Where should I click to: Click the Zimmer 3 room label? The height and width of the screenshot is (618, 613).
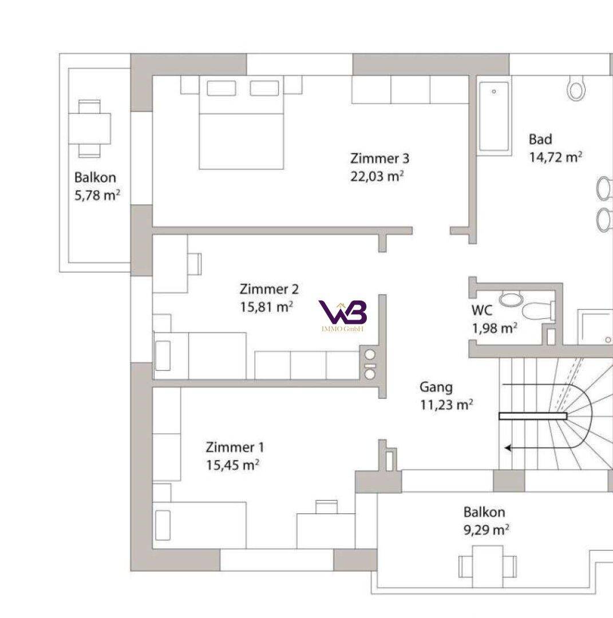pos(379,159)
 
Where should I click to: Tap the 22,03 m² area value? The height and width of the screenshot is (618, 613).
pos(377,176)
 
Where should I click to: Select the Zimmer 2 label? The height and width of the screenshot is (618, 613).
pos(269,289)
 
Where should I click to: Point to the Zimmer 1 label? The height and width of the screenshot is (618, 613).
pos(235,447)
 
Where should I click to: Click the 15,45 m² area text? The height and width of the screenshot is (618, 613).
pos(232,465)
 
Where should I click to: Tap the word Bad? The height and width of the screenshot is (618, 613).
pos(540,139)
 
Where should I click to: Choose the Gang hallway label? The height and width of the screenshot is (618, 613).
pos(436,387)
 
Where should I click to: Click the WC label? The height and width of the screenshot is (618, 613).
pos(482,311)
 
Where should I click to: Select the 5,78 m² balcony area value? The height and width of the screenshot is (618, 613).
pos(97,195)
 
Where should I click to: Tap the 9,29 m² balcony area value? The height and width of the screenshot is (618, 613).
pos(486,529)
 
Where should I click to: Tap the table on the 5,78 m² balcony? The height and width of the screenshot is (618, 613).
pos(89,128)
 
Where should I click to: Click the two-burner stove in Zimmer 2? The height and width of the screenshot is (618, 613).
pos(370,364)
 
